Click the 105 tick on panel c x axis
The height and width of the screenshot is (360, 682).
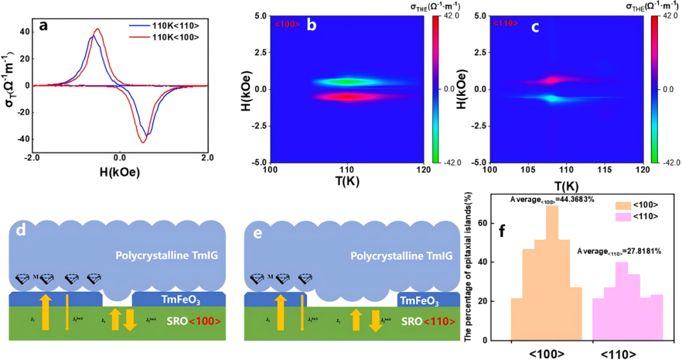[x=528, y=170]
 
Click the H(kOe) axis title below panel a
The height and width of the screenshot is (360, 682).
[x=119, y=171]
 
